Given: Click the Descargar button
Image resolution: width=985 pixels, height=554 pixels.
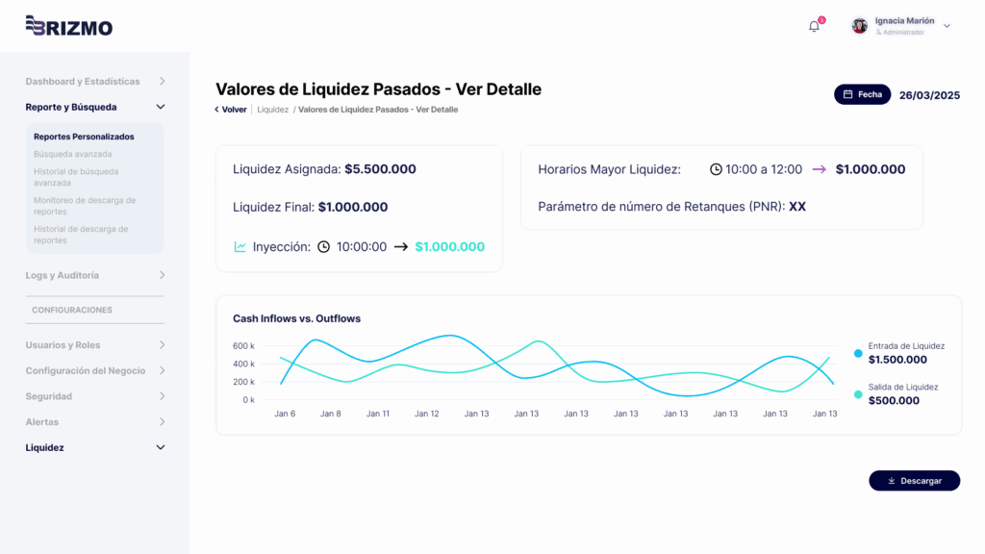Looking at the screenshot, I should click(x=914, y=481).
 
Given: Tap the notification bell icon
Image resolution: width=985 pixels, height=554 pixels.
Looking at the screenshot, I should click(x=814, y=26).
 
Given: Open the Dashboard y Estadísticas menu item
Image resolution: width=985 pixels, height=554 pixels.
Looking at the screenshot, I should click(x=83, y=82).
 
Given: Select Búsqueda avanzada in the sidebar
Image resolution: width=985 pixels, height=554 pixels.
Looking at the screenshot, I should click(x=72, y=154).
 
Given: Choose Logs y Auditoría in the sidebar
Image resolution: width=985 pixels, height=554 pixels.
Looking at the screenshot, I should click(x=62, y=275).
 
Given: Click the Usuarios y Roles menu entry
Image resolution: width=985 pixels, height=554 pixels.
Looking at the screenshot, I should click(x=63, y=345).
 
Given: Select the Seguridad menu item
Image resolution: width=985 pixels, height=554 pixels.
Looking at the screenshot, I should click(x=48, y=396).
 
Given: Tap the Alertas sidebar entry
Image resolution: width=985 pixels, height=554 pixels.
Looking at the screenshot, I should click(x=41, y=422).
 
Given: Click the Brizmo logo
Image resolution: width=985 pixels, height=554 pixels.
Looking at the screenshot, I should click(x=68, y=26).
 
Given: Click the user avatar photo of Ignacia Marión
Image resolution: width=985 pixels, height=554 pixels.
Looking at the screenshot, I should click(x=860, y=26).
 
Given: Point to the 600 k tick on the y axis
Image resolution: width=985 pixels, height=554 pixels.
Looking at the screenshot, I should click(x=243, y=345).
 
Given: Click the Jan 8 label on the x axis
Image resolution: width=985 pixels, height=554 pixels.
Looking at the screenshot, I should click(x=331, y=414).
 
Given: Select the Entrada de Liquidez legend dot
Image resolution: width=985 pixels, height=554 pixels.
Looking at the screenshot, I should click(x=858, y=353).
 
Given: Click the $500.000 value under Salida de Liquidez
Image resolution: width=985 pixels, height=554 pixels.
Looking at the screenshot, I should click(x=894, y=400).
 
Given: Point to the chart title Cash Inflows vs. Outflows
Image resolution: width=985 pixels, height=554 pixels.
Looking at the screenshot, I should click(x=296, y=318).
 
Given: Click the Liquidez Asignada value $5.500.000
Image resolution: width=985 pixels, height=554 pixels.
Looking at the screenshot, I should click(x=380, y=169).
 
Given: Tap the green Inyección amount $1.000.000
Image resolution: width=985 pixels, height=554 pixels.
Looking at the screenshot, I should click(x=449, y=247).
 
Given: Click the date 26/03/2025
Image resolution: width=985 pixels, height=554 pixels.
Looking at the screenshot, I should click(x=929, y=95).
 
